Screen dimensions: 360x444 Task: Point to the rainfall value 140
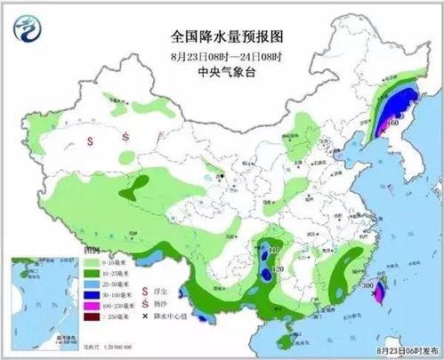click(x=274, y=252)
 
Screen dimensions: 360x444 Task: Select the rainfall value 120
click(x=277, y=268)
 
